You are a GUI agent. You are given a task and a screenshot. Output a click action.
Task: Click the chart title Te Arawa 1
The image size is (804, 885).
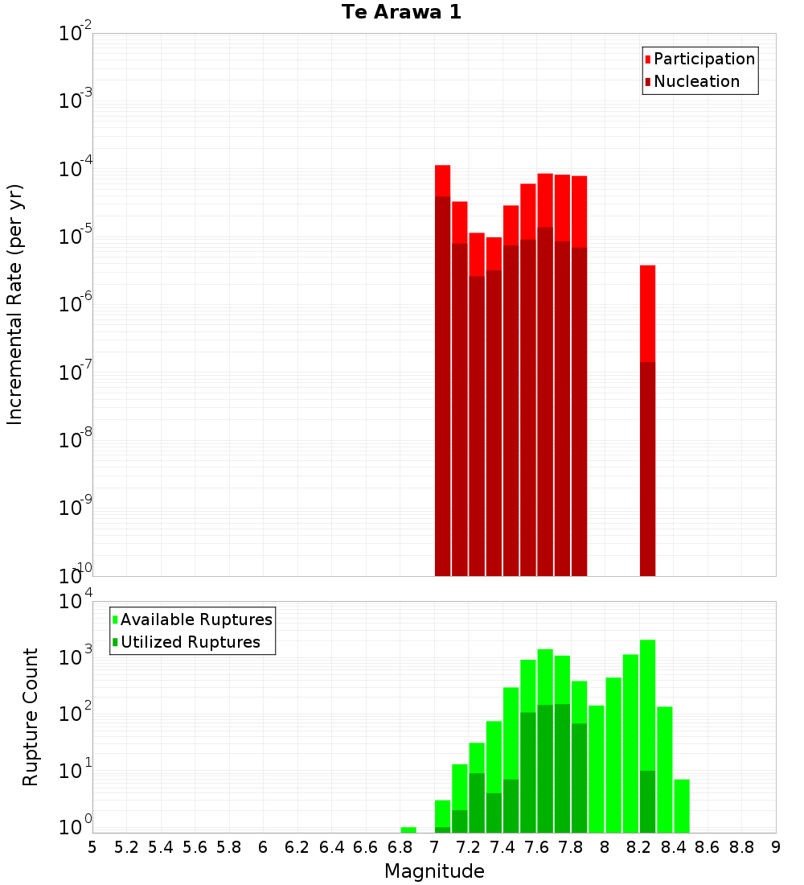[x=401, y=12]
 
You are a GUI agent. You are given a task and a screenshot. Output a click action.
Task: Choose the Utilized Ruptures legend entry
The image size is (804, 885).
[x=190, y=642]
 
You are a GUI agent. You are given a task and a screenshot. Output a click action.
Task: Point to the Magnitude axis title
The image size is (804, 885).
[x=434, y=871]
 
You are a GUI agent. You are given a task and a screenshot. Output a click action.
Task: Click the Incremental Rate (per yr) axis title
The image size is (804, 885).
[x=15, y=304]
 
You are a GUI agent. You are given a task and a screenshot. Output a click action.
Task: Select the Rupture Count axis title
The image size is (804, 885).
[x=31, y=716]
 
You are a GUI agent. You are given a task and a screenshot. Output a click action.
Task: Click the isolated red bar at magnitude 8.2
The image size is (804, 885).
[x=647, y=418]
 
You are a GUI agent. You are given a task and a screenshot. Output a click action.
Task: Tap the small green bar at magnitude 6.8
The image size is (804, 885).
[x=408, y=829]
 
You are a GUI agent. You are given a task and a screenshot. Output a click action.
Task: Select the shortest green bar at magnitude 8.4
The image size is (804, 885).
[x=682, y=805]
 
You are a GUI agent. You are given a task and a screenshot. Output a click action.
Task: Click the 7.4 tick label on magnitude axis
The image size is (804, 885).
[x=503, y=847]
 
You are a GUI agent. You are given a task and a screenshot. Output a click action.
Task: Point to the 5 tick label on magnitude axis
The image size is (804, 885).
[x=92, y=847]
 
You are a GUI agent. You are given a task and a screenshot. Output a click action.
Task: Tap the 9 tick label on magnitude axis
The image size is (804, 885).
[x=776, y=847]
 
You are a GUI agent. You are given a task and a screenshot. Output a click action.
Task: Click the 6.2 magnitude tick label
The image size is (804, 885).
[x=297, y=847]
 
